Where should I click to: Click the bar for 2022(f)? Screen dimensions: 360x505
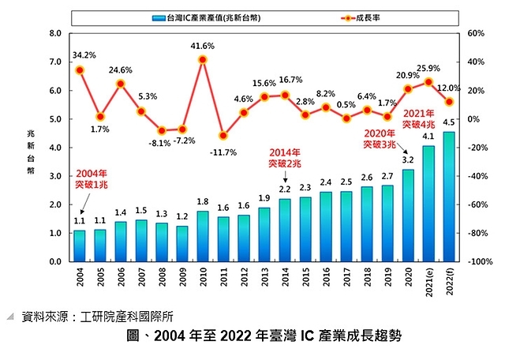449,197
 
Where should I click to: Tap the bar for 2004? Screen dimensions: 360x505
80,246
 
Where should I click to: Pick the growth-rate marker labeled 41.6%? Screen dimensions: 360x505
203,59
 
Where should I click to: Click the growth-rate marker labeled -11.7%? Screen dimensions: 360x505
223,136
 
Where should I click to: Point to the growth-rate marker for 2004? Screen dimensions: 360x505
80,70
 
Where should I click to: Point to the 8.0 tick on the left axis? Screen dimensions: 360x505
54,33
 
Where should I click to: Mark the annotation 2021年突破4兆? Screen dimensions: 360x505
419,119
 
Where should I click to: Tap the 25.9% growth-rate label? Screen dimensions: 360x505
428,68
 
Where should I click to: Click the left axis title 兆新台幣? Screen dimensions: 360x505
31,149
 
